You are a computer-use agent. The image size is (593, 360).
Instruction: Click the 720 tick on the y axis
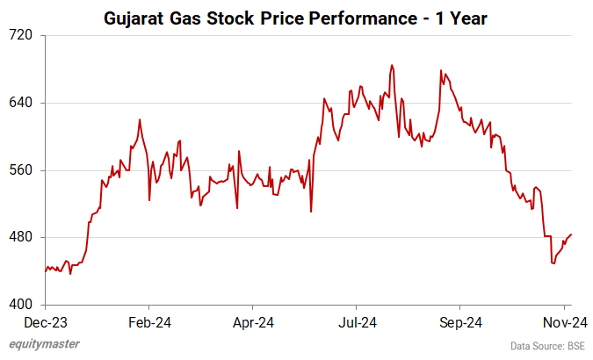point(21,35)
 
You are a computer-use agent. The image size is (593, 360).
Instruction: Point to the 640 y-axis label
point(21,103)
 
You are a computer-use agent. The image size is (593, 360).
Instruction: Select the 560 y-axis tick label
point(21,170)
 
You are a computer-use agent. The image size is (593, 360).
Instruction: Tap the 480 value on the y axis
point(21,238)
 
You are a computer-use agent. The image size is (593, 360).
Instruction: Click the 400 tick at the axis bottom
point(21,305)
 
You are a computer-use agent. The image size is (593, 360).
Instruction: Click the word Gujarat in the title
point(136,17)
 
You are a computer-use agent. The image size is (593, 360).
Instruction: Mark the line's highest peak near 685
point(391,65)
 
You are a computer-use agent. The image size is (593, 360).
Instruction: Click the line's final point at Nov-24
point(572,234)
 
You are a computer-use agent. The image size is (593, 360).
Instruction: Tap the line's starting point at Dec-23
point(46,270)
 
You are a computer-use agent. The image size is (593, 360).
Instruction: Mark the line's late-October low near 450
point(553,263)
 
